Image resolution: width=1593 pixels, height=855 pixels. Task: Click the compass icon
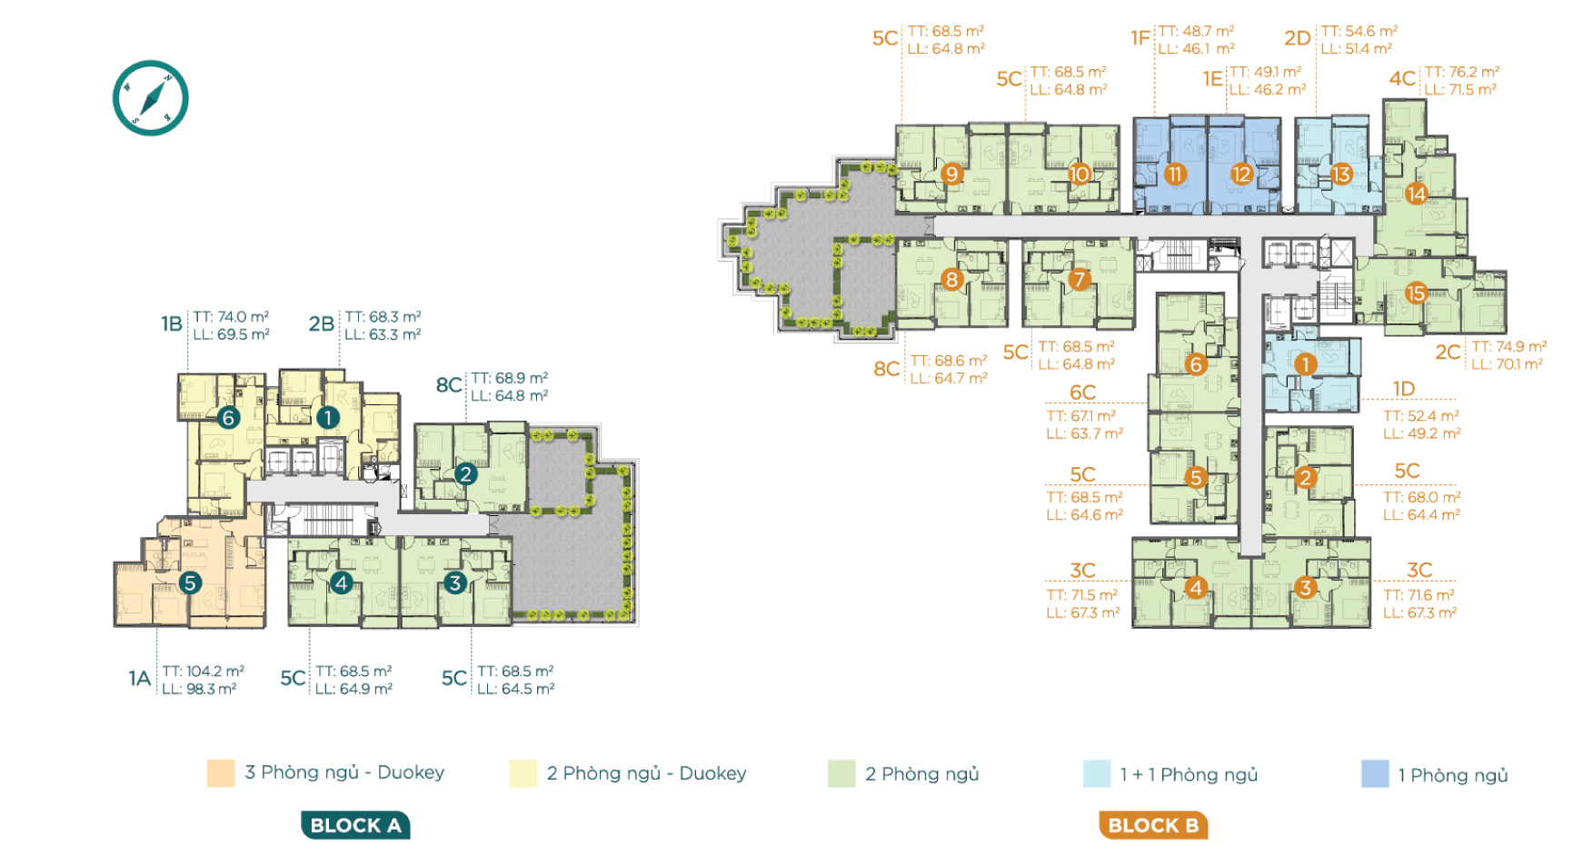(150, 98)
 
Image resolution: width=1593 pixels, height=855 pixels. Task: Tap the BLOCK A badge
(355, 825)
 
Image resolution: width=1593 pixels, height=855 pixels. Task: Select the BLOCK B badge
(1153, 825)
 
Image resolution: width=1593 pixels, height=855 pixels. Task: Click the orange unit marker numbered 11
(1175, 174)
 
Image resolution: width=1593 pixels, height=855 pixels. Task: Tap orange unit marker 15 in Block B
(1416, 293)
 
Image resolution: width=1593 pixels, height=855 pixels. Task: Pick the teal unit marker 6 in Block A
(229, 417)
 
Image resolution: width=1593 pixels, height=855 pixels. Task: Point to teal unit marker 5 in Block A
(189, 582)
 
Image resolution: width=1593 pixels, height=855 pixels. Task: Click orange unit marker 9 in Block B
(951, 173)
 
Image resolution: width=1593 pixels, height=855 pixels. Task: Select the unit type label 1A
(139, 679)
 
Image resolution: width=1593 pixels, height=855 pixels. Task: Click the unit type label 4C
(1402, 79)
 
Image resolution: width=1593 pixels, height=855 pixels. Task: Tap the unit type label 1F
(1140, 38)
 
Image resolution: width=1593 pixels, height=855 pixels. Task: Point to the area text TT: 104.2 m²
(204, 671)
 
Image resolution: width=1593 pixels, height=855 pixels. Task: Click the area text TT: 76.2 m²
(1462, 72)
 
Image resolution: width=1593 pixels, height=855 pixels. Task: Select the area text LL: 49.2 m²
(1422, 433)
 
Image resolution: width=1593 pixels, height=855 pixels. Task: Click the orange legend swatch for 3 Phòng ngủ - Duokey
(221, 772)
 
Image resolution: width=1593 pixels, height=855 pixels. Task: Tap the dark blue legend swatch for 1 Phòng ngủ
(1375, 774)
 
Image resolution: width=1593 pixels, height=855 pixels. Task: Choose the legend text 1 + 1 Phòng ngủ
(1189, 775)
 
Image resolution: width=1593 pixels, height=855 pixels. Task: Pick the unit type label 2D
(1298, 38)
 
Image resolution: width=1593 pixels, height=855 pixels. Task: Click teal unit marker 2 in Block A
(466, 473)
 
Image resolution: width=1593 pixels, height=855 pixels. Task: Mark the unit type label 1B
(172, 324)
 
